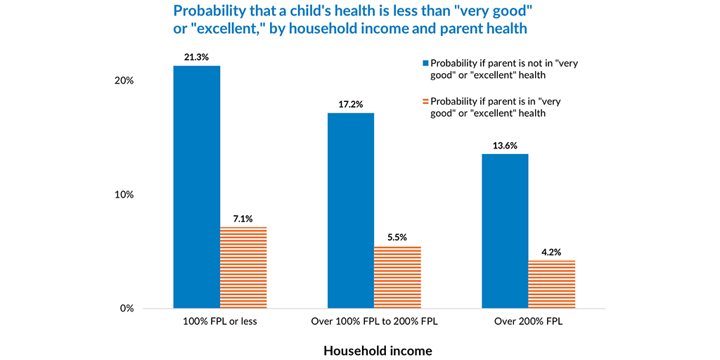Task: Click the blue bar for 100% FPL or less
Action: point(197,187)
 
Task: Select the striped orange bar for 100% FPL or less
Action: point(243,268)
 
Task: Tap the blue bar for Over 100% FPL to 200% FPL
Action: point(350,210)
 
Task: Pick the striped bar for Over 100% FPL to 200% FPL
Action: point(397,277)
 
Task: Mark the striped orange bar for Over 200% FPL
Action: point(551,284)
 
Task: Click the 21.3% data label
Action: point(197,57)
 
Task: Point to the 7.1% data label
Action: point(243,219)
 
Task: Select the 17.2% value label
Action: point(350,104)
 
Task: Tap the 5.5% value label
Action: point(397,237)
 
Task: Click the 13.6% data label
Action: point(505,146)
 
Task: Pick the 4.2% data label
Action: point(551,252)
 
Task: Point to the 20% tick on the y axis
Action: point(124,80)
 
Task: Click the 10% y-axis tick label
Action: point(124,195)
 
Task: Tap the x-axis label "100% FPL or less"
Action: point(220,322)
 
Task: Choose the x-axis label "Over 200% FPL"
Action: point(528,322)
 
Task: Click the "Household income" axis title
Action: point(378,349)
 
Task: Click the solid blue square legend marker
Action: point(425,63)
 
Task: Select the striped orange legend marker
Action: point(425,101)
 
